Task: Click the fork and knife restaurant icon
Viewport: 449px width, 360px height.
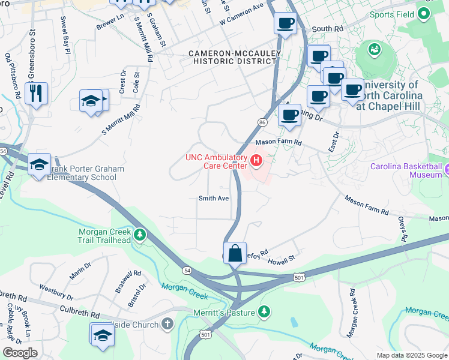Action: tap(36, 94)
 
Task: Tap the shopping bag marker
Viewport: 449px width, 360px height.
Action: tap(235, 252)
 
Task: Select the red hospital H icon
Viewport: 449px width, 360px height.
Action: tap(257, 160)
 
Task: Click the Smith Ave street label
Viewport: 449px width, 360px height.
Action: tap(214, 199)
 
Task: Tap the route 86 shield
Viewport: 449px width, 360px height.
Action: tap(262, 122)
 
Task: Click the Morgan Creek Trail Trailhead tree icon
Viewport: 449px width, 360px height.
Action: tap(139, 234)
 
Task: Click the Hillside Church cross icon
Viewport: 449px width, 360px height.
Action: tap(167, 325)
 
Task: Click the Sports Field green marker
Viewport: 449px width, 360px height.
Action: tap(424, 14)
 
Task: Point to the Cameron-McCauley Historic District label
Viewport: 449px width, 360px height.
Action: tap(231, 58)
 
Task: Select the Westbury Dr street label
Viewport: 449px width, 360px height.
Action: tap(55, 292)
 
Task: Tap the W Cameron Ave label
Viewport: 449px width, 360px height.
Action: tap(241, 15)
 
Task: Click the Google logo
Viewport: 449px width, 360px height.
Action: tap(19, 353)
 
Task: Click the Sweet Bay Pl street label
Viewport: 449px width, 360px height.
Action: tap(64, 35)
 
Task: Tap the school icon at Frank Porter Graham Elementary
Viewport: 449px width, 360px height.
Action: tap(39, 164)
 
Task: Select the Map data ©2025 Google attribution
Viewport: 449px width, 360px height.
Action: tap(411, 355)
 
